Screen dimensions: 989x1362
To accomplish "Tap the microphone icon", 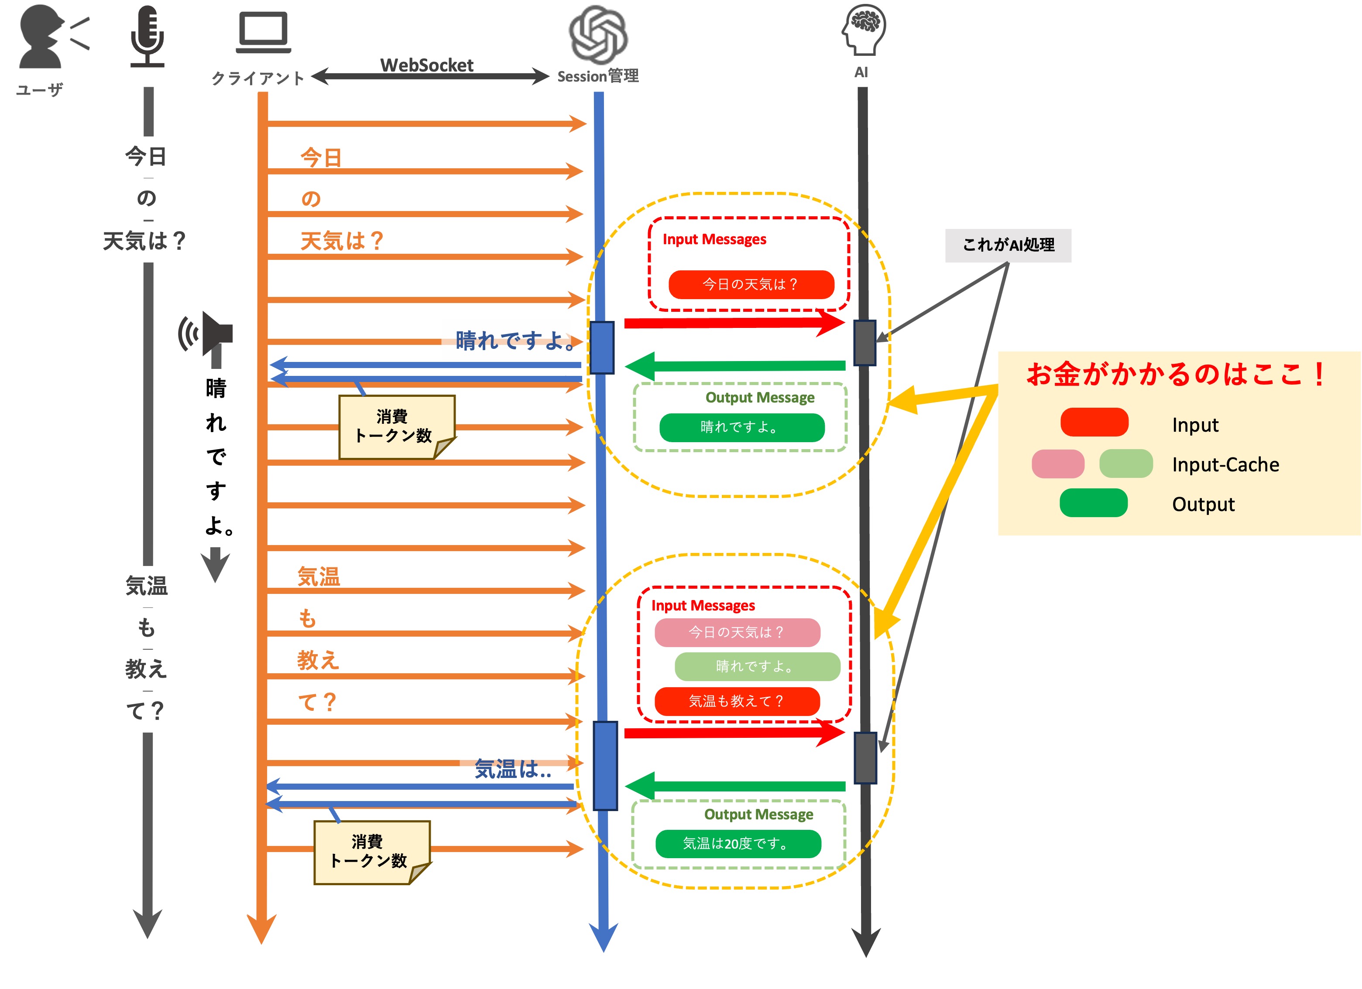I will pyautogui.click(x=147, y=36).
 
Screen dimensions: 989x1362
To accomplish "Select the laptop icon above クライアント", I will pyautogui.click(x=263, y=33).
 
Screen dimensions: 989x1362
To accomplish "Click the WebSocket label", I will pyautogui.click(x=426, y=65).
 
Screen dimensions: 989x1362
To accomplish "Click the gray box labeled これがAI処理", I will pyautogui.click(x=1008, y=245).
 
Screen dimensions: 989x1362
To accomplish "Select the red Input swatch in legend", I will pyautogui.click(x=1094, y=422).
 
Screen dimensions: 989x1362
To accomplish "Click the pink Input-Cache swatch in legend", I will pyautogui.click(x=1057, y=463).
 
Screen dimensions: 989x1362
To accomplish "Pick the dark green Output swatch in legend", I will pyautogui.click(x=1093, y=503).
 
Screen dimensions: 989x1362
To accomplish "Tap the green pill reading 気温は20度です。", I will pyautogui.click(x=738, y=843).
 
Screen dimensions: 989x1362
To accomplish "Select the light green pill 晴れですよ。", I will pyautogui.click(x=757, y=666).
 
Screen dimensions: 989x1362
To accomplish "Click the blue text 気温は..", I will pyautogui.click(x=512, y=769).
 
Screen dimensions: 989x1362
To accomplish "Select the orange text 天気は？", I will pyautogui.click(x=341, y=241).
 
